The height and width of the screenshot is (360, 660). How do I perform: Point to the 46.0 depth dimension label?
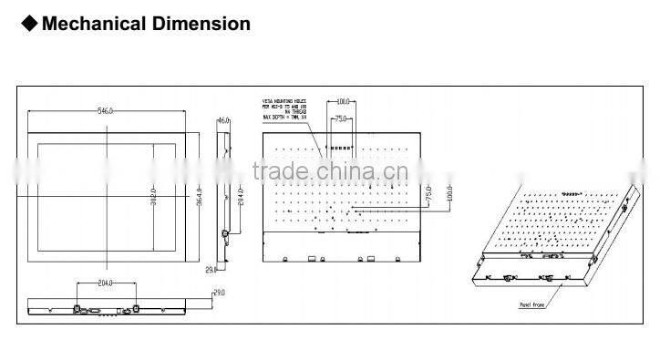tap(223, 119)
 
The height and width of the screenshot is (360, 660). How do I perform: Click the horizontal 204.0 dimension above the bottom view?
tap(105, 283)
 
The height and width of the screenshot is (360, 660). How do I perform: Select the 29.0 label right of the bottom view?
tap(219, 293)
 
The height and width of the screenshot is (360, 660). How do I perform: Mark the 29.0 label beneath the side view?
tap(211, 270)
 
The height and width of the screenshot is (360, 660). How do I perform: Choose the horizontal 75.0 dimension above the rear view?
tap(340, 118)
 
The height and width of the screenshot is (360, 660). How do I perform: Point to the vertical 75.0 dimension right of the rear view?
tap(428, 195)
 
